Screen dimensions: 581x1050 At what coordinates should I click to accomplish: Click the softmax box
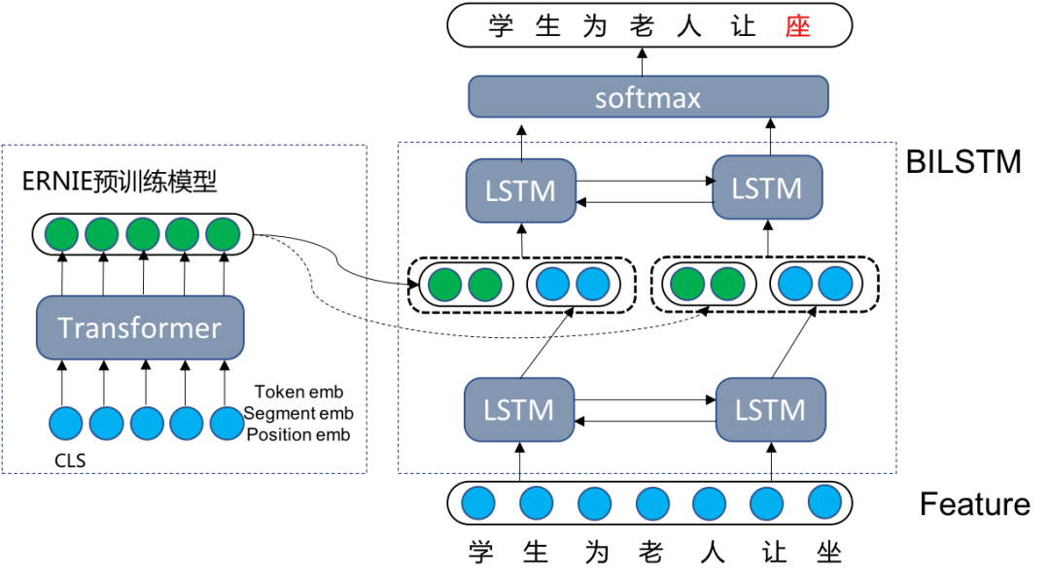647,98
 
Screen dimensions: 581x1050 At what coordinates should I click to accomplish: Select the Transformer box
140,328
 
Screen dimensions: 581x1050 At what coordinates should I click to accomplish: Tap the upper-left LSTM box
520,190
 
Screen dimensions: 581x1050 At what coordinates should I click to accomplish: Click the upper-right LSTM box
767,188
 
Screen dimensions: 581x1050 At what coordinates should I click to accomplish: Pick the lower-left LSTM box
518,410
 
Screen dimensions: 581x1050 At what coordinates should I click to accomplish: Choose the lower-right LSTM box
770,410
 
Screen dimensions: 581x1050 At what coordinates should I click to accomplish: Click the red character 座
798,26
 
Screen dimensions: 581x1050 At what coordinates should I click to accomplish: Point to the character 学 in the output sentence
501,26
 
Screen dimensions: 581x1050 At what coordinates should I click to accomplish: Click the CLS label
70,461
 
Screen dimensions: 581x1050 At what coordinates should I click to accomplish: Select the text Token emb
298,393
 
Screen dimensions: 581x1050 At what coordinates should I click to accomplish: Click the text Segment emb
298,414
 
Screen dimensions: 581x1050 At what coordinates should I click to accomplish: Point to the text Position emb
298,434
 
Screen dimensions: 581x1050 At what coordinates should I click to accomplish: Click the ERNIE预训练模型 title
120,182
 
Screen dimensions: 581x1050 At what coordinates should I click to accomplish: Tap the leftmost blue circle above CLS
66,425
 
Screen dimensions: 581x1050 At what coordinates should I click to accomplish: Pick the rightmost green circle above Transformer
223,234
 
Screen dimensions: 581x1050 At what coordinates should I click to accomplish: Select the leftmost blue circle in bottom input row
477,504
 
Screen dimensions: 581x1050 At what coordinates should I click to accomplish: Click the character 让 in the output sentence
744,26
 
